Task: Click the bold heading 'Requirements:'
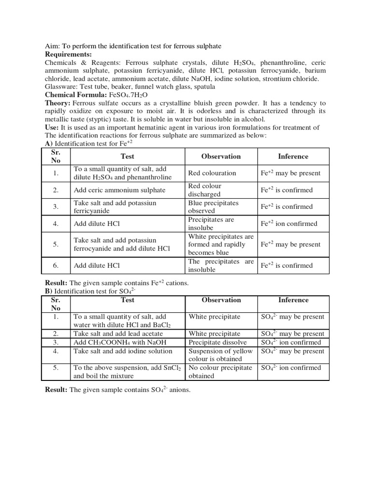pos(68,54)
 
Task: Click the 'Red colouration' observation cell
pos(212,173)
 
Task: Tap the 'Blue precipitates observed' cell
pos(213,207)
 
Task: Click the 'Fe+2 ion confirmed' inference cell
pos(289,224)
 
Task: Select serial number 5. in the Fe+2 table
pos(56,244)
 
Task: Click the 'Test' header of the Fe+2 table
pos(128,156)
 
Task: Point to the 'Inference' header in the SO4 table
pos(293,300)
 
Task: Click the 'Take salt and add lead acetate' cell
pos(118,334)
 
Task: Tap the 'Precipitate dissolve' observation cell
pos(213,342)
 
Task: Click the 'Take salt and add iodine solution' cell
pos(123,351)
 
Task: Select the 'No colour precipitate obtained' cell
pos(220,372)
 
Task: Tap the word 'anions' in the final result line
pos(180,390)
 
